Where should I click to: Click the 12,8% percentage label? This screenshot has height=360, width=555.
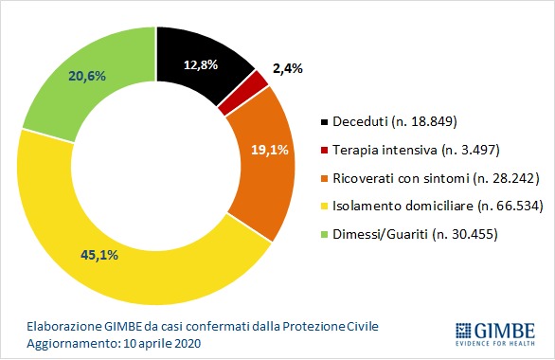pyautogui.click(x=201, y=64)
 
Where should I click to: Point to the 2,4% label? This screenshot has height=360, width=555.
pyautogui.click(x=287, y=68)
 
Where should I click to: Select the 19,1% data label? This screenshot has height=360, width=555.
pyautogui.click(x=270, y=150)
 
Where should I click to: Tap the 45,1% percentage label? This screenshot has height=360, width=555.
pyautogui.click(x=99, y=255)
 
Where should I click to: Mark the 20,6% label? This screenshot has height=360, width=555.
pyautogui.click(x=87, y=76)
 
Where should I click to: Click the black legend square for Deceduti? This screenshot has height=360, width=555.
pyautogui.click(x=324, y=122)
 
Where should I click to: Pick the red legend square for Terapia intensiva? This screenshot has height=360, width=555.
pyautogui.click(x=324, y=151)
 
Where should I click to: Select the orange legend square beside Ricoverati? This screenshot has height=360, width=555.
pyautogui.click(x=324, y=178)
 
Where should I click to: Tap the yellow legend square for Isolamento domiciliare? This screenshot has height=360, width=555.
pyautogui.click(x=324, y=207)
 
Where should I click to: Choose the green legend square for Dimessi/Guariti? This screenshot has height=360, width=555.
pyautogui.click(x=324, y=234)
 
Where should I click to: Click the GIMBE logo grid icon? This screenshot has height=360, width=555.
pyautogui.click(x=463, y=331)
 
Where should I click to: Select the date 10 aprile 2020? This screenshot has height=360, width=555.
pyautogui.click(x=162, y=343)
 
